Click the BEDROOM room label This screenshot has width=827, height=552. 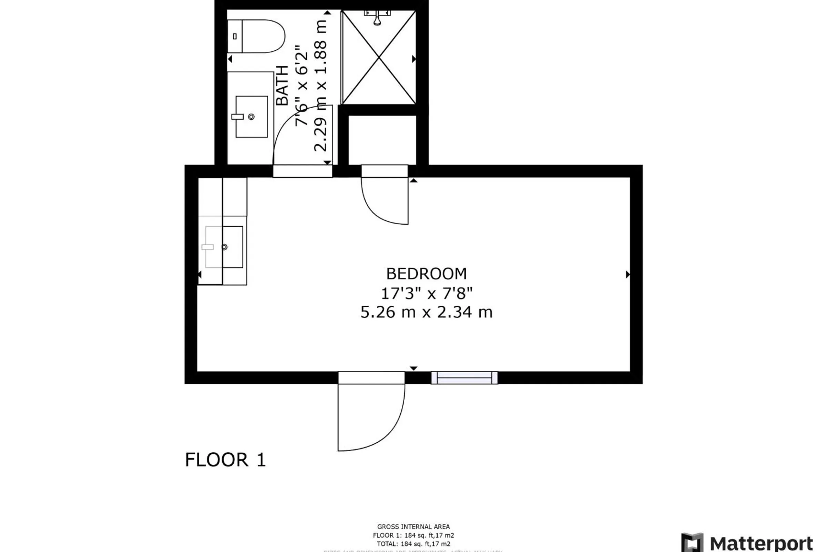click(x=426, y=274)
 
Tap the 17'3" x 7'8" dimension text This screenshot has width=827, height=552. click(x=426, y=293)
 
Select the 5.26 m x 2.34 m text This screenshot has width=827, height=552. click(x=426, y=312)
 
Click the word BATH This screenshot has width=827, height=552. click(x=282, y=86)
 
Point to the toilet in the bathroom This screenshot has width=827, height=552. click(x=260, y=36)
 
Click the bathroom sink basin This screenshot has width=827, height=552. click(x=252, y=117)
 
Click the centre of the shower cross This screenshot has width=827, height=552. click(x=379, y=57)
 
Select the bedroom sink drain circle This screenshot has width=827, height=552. click(x=224, y=247)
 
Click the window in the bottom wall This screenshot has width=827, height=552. click(x=464, y=378)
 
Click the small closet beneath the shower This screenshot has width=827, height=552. click(x=382, y=140)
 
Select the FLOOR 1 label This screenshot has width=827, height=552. click(x=225, y=460)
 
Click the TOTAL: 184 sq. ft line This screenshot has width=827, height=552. click(x=413, y=544)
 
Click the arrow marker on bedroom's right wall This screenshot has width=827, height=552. click(x=627, y=275)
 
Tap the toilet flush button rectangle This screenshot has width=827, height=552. click(x=235, y=36)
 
